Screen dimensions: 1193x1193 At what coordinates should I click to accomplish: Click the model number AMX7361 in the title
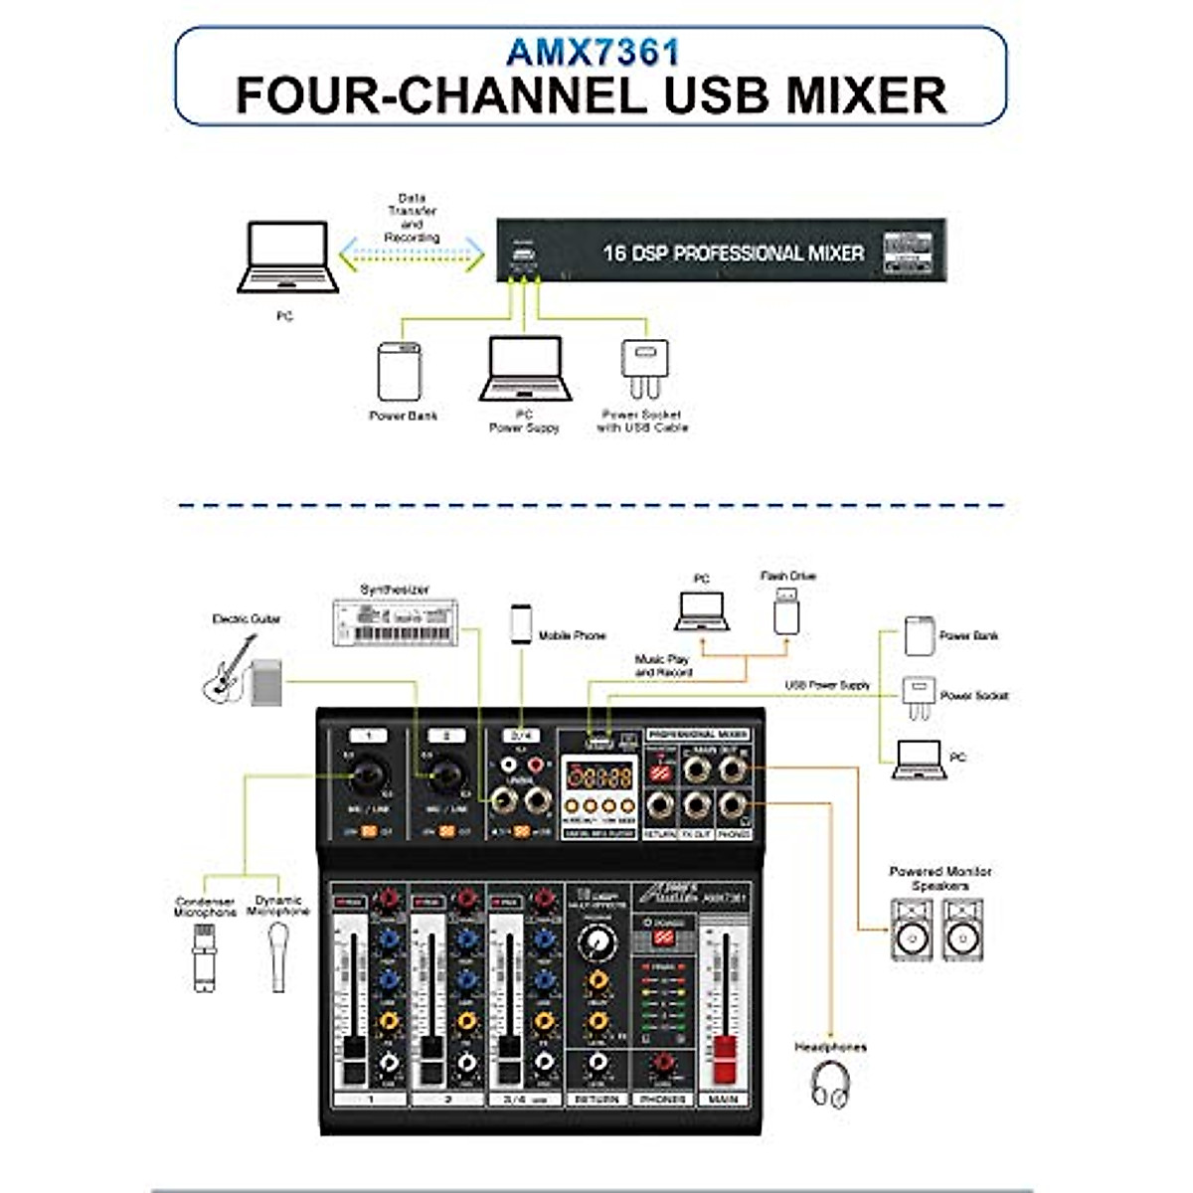pyautogui.click(x=593, y=51)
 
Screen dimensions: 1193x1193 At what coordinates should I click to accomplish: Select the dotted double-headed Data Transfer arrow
pyautogui.click(x=411, y=256)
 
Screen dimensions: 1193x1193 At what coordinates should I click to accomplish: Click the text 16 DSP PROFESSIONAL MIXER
pyautogui.click(x=734, y=254)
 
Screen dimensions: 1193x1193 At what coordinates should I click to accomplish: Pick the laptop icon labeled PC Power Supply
pyautogui.click(x=526, y=369)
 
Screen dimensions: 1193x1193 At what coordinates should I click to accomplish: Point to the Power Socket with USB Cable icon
pyautogui.click(x=644, y=369)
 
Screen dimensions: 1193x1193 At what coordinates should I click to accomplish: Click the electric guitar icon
pyautogui.click(x=231, y=669)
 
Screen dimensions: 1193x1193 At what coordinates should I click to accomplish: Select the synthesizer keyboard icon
pyautogui.click(x=395, y=623)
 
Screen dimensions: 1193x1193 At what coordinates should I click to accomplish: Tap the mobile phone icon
pyautogui.click(x=521, y=623)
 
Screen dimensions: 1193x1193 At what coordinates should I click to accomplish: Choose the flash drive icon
pyautogui.click(x=786, y=610)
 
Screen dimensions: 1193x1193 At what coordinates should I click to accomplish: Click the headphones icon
pyautogui.click(x=830, y=1084)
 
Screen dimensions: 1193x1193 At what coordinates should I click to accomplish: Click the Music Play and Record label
pyautogui.click(x=663, y=665)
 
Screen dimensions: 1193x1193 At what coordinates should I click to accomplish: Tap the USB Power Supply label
pyautogui.click(x=827, y=685)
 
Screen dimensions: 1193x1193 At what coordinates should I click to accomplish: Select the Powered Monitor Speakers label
pyautogui.click(x=939, y=878)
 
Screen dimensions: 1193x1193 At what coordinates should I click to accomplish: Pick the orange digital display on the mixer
pyautogui.click(x=599, y=775)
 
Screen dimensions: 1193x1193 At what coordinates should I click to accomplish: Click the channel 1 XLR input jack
pyautogui.click(x=369, y=772)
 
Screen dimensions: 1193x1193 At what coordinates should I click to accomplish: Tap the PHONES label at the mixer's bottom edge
pyautogui.click(x=662, y=1100)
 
